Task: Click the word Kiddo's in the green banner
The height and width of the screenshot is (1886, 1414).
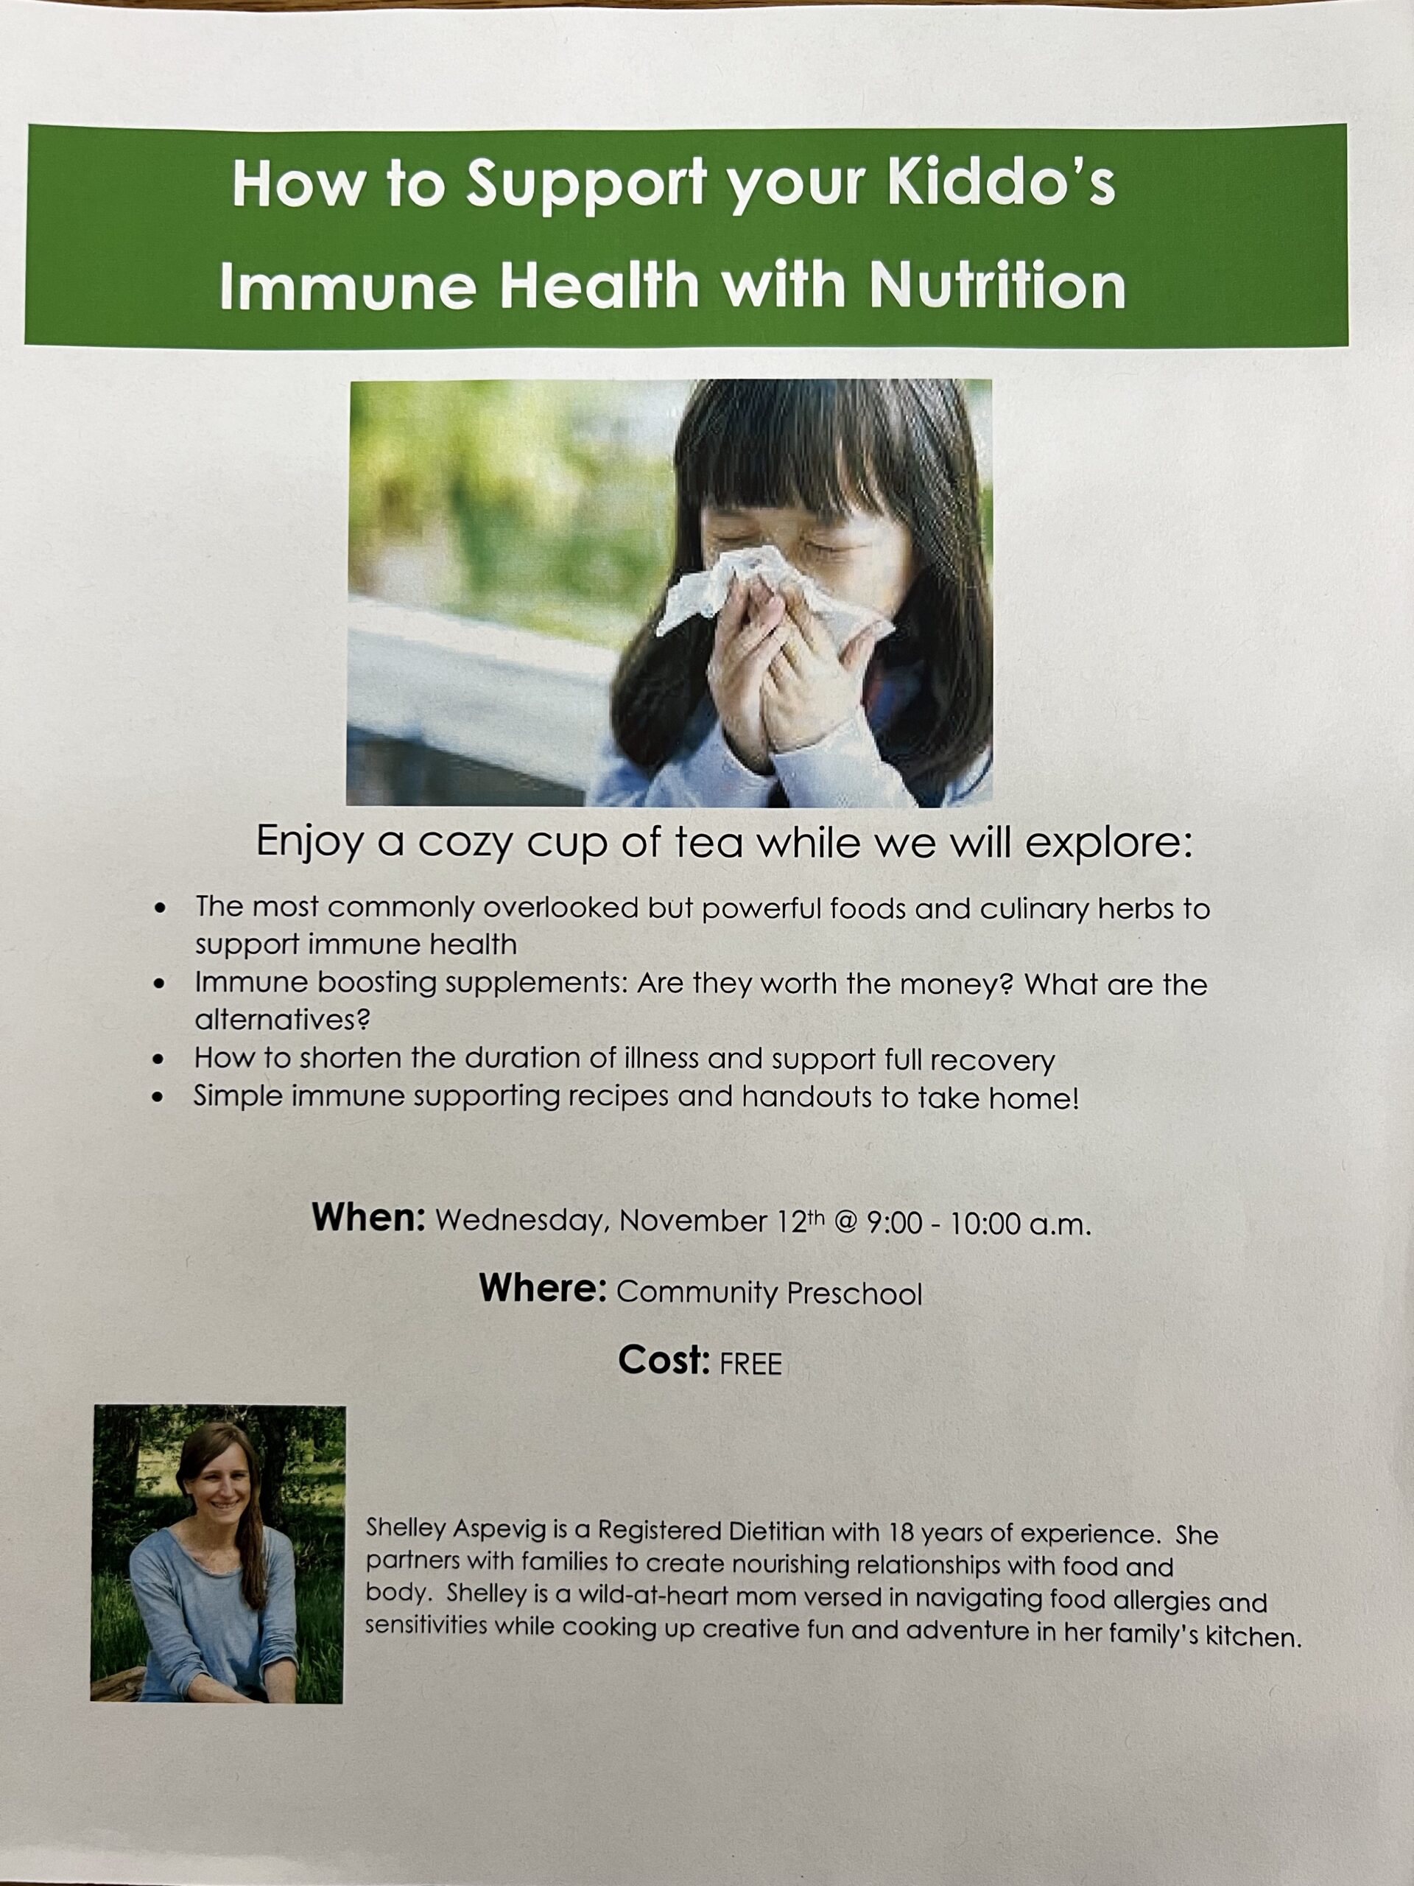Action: click(1002, 183)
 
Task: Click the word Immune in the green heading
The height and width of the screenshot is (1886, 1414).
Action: click(348, 286)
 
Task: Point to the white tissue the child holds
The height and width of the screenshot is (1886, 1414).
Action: click(767, 592)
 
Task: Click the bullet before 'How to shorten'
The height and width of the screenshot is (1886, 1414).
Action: click(158, 1061)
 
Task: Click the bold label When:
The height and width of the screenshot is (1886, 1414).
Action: click(368, 1217)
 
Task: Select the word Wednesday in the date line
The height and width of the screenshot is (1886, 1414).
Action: click(521, 1221)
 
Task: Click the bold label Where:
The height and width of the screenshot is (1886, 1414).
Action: click(542, 1289)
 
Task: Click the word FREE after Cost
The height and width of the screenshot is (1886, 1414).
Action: click(750, 1364)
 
